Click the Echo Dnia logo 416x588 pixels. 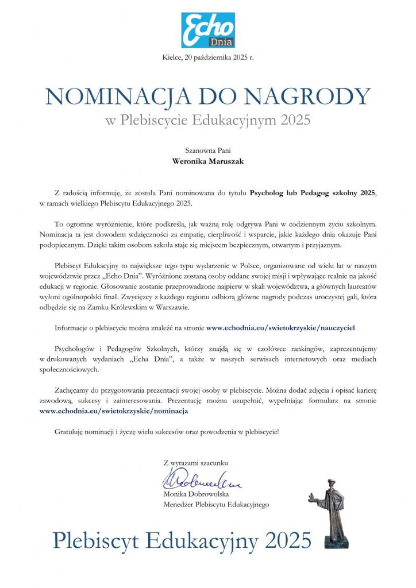(207, 30)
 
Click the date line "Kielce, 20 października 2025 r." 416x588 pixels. (207, 55)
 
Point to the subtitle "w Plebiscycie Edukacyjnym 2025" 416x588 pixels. (208, 120)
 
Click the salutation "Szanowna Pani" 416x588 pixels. (208, 150)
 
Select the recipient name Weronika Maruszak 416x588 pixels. (208, 161)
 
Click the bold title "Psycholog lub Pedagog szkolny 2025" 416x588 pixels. (313, 195)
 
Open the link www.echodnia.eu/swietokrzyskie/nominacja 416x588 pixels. (114, 411)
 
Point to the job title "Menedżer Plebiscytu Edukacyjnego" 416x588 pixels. (216, 504)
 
